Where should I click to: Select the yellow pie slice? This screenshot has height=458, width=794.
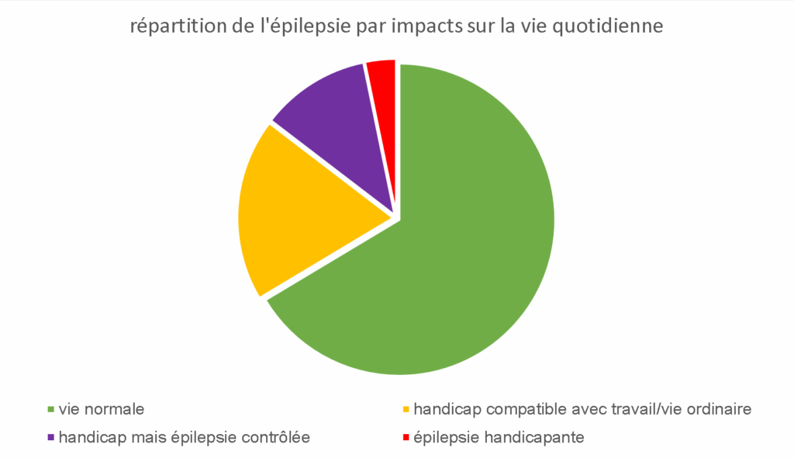pos(310,217)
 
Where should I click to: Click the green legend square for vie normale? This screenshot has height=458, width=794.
pos(51,409)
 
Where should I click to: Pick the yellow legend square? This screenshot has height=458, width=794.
pos(406,409)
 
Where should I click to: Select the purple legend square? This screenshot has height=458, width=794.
pos(51,438)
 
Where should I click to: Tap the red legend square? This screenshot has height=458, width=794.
pos(406,438)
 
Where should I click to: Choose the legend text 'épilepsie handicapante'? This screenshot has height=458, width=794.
pos(499,437)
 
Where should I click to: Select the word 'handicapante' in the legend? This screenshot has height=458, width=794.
pos(533,437)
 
